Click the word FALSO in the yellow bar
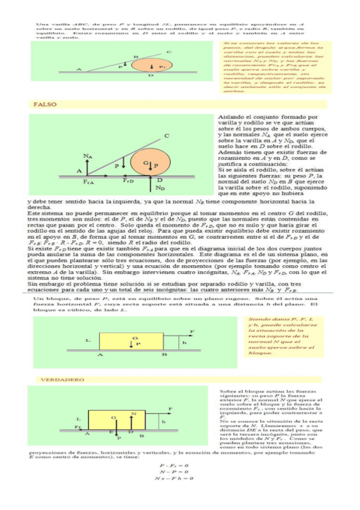click(44, 104)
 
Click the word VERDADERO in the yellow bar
click(54, 380)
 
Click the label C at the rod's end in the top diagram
click(168, 52)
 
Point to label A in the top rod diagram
click(79, 69)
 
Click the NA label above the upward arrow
click(88, 157)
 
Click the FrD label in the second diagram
click(128, 180)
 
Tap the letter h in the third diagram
click(185, 343)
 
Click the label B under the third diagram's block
click(165, 355)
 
